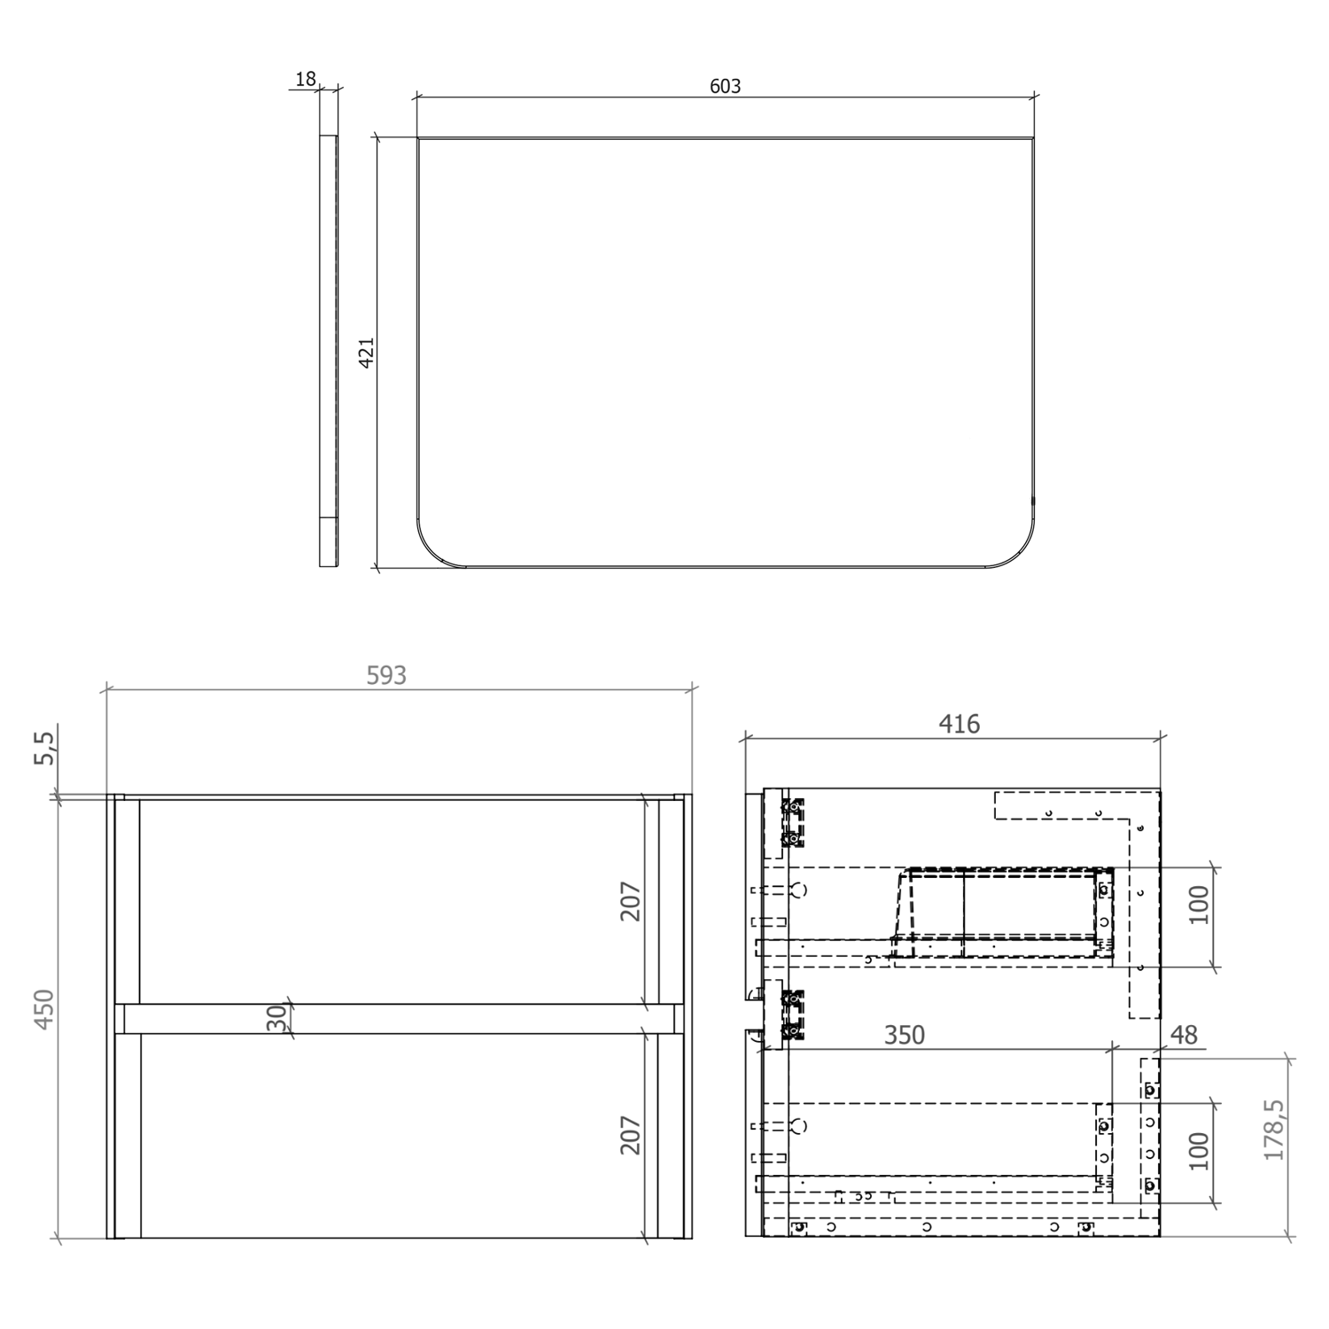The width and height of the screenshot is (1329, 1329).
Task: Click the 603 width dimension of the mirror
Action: click(x=725, y=86)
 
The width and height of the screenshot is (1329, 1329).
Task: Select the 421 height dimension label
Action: click(x=366, y=352)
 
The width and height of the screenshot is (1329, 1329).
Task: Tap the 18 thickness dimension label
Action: click(x=306, y=79)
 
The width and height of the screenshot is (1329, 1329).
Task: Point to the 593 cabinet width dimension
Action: click(x=386, y=675)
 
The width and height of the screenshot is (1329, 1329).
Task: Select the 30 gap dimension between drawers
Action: click(x=277, y=1017)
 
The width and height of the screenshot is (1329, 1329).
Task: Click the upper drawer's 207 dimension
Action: click(x=630, y=901)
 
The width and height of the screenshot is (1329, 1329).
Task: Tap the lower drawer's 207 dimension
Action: click(x=630, y=1135)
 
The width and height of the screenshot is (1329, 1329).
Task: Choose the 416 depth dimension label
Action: click(x=959, y=724)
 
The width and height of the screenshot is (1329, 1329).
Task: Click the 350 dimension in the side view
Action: click(x=904, y=1035)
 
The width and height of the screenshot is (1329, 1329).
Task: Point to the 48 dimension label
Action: click(x=1184, y=1035)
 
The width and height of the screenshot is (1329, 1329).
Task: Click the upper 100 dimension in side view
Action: click(x=1199, y=905)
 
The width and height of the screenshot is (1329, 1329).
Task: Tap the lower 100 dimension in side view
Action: click(x=1199, y=1151)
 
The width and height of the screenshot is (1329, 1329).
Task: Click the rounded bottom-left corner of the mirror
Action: click(x=434, y=549)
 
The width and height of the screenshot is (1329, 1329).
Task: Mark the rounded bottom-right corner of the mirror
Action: click(x=1019, y=549)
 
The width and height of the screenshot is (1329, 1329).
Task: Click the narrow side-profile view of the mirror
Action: click(x=328, y=351)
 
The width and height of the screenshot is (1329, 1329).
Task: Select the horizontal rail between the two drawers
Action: click(x=399, y=1018)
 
